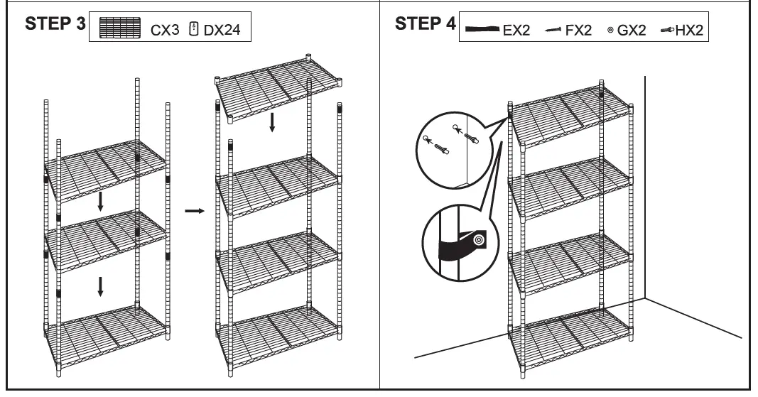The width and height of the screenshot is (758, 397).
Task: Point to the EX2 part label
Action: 516,33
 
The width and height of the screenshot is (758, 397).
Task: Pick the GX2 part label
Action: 632,33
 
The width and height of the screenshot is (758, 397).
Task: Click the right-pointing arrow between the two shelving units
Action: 193,211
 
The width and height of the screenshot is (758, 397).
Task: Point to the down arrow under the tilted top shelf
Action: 271,123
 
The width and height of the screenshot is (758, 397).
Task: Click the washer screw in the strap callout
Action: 479,241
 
